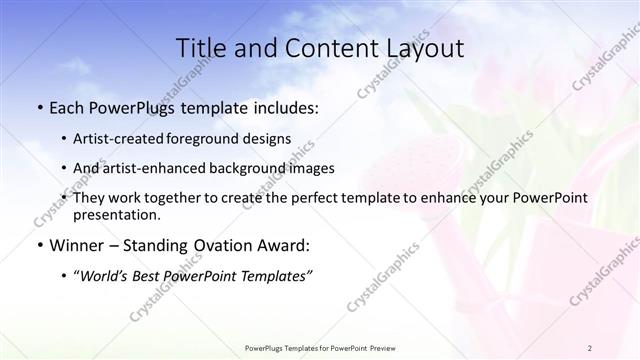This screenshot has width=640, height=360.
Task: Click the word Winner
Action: coord(76,245)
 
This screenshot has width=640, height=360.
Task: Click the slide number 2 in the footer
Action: coord(590,347)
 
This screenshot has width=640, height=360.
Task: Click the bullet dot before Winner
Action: coord(39,245)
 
